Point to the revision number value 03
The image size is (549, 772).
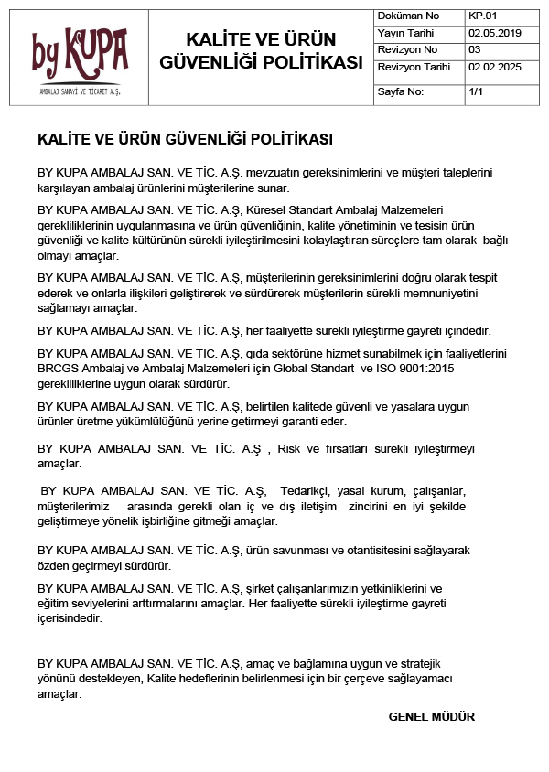(x=474, y=49)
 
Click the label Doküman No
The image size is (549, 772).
(x=408, y=16)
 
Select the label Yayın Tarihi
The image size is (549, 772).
(x=405, y=33)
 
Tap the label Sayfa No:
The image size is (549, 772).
(x=401, y=92)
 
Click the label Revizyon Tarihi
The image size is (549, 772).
(x=414, y=67)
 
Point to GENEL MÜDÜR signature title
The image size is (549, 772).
(x=432, y=717)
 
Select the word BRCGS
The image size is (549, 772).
(x=59, y=367)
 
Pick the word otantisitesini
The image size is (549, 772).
(x=367, y=550)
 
